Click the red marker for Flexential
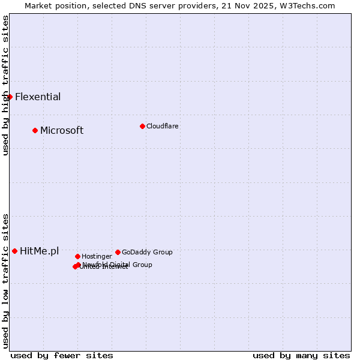tap(10, 97)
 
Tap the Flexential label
tap(38, 97)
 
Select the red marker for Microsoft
tap(35, 130)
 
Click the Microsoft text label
tap(62, 131)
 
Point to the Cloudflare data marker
tap(142, 126)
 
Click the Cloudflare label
tap(163, 127)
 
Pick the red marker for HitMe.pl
tap(14, 251)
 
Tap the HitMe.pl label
tap(40, 251)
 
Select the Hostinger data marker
tap(77, 256)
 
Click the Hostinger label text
tap(97, 257)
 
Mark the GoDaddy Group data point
tap(118, 252)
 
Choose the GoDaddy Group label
tap(147, 253)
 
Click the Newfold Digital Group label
tap(118, 265)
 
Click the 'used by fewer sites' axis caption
tap(62, 355)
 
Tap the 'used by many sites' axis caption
tap(301, 355)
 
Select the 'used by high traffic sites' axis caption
tap(5, 85)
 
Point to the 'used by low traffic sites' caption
tap(5, 280)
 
